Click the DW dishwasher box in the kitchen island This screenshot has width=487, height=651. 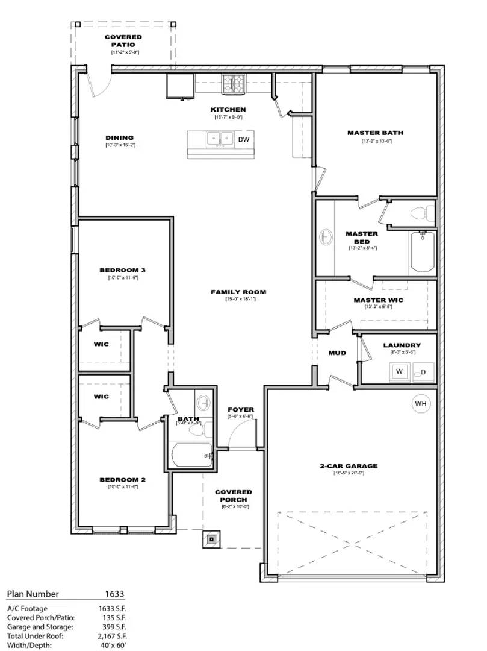coord(244,140)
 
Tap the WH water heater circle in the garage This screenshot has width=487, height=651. coord(421,404)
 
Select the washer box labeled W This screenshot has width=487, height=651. coord(399,372)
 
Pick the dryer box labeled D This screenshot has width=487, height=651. coord(423,372)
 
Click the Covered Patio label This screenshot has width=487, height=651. coord(123,41)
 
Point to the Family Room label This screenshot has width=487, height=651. coord(238,292)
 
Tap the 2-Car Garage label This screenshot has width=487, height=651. coord(349,466)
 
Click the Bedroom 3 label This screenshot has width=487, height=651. coord(123,271)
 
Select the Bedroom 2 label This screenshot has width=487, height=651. coord(123,480)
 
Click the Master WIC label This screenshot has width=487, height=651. coord(378,300)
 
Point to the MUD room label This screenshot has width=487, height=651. coord(337,353)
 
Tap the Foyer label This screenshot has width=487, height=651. coord(241,410)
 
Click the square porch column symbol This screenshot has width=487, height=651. coord(212,539)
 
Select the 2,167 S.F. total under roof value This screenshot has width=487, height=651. coord(112,636)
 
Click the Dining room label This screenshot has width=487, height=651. coord(119,138)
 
